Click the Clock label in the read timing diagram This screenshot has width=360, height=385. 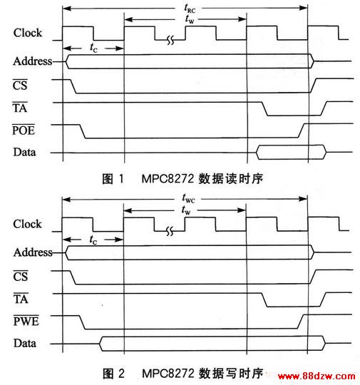[x=28, y=33]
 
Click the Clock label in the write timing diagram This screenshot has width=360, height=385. [x=28, y=224]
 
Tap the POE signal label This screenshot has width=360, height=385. [x=24, y=130]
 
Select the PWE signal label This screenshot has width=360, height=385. [x=26, y=321]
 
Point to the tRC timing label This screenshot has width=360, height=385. [x=190, y=9]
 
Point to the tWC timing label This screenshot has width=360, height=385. [x=189, y=198]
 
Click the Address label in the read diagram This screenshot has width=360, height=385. [x=33, y=61]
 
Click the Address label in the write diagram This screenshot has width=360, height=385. [x=33, y=252]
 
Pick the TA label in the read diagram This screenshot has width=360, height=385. [x=20, y=108]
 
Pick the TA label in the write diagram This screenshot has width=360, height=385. [x=21, y=299]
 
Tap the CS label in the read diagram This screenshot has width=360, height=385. [x=20, y=85]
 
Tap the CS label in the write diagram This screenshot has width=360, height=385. [x=21, y=276]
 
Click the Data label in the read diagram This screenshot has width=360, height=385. [x=24, y=152]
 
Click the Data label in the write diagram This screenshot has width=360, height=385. [x=25, y=343]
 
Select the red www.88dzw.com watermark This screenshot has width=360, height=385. [x=317, y=376]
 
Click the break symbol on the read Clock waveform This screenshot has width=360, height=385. [x=170, y=40]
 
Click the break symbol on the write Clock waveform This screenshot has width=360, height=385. [x=170, y=231]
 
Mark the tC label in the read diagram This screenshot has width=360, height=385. [x=93, y=48]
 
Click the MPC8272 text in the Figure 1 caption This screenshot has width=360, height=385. [x=168, y=178]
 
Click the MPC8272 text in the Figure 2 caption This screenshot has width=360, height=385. [x=168, y=373]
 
